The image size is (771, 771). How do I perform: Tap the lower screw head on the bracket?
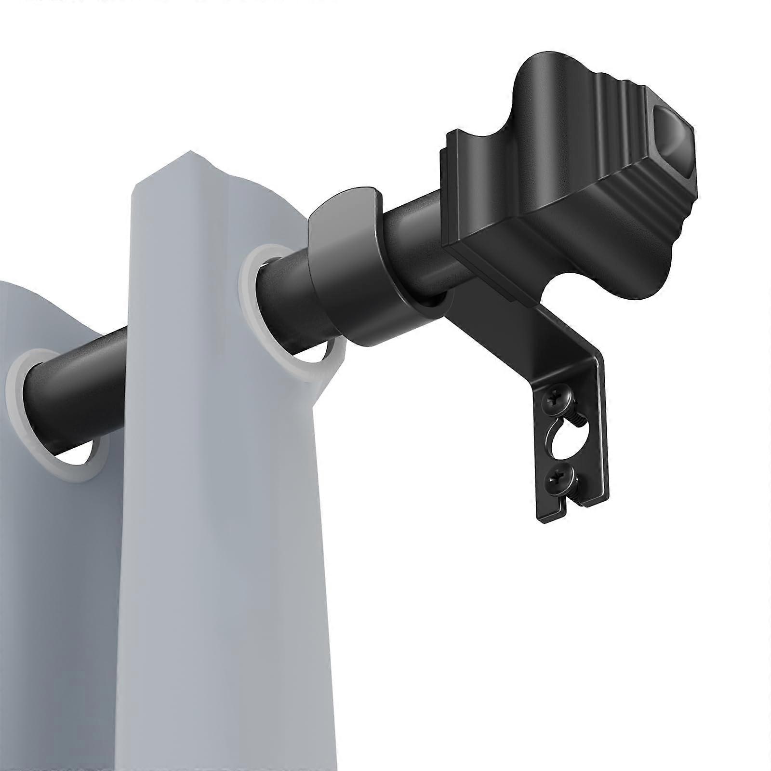[x=558, y=480]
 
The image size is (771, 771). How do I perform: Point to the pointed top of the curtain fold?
[x=190, y=157]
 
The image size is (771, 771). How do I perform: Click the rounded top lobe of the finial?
[x=549, y=77]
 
